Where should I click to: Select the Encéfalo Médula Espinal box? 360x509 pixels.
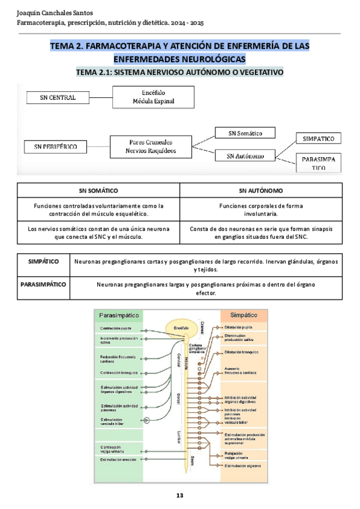coord(154,97)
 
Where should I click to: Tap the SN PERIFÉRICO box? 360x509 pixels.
coord(55,146)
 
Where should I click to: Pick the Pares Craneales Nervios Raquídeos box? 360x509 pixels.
coord(152,146)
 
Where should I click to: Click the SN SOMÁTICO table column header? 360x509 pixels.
coord(98,190)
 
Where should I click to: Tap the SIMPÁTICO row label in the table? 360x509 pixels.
coord(44,262)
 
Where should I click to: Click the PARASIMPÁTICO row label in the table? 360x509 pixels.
coord(44,284)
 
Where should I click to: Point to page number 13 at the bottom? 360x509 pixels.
coord(179,495)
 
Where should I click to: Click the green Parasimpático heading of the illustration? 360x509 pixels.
coord(119,315)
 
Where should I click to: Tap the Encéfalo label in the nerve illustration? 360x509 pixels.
coord(181,328)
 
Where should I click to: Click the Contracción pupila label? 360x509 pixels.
coord(115,329)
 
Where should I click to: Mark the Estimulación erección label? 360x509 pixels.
coord(118,459)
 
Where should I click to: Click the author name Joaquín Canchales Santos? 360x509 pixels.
coord(51,13)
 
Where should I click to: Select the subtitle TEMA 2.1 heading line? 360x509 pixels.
coord(179,73)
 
